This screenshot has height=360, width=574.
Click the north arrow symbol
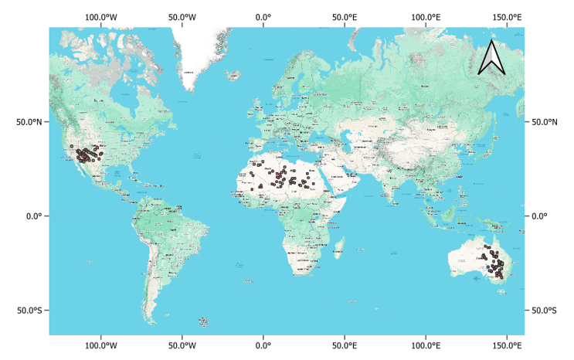coord(491,58)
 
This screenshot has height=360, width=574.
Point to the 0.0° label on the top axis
coord(263,17)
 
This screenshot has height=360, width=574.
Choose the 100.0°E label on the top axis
coord(426,17)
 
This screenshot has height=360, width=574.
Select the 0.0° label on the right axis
coord(536,216)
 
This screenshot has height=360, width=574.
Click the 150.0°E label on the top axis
coord(507,17)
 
